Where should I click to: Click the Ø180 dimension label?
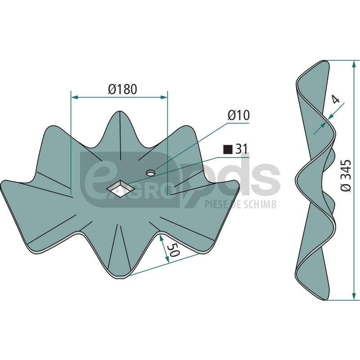(x=122, y=89)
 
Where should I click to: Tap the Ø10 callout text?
(x=238, y=115)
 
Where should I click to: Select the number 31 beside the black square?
(x=242, y=149)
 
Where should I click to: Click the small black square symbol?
(x=228, y=149)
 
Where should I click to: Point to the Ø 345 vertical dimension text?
(x=346, y=175)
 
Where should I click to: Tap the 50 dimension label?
(x=173, y=250)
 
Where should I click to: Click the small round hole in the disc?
(x=151, y=173)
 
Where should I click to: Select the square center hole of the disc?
(x=120, y=189)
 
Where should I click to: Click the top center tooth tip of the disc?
(x=120, y=112)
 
